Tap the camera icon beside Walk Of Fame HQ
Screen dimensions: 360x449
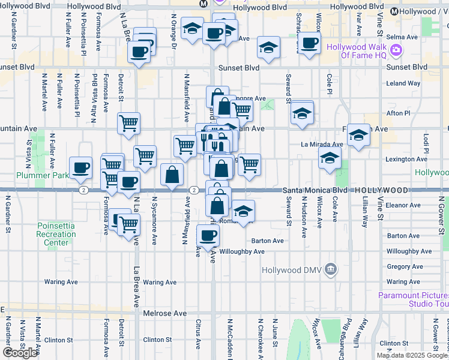[x=396, y=51]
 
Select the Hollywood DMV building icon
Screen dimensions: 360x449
[x=330, y=269]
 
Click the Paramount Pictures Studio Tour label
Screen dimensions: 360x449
[x=413, y=299]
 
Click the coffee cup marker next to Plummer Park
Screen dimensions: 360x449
[x=80, y=168]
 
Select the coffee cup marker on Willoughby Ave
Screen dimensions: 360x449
[x=208, y=235]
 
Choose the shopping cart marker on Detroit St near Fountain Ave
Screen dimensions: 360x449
[x=128, y=124]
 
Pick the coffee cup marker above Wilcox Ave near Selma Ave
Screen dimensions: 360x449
[x=309, y=43]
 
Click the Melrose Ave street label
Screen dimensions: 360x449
[x=164, y=313]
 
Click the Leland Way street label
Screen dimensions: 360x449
[x=403, y=83]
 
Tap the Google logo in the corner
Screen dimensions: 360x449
[x=19, y=352]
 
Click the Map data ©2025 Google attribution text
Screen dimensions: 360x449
[x=412, y=355]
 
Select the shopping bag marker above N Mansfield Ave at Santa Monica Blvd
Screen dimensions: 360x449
[x=172, y=175]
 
